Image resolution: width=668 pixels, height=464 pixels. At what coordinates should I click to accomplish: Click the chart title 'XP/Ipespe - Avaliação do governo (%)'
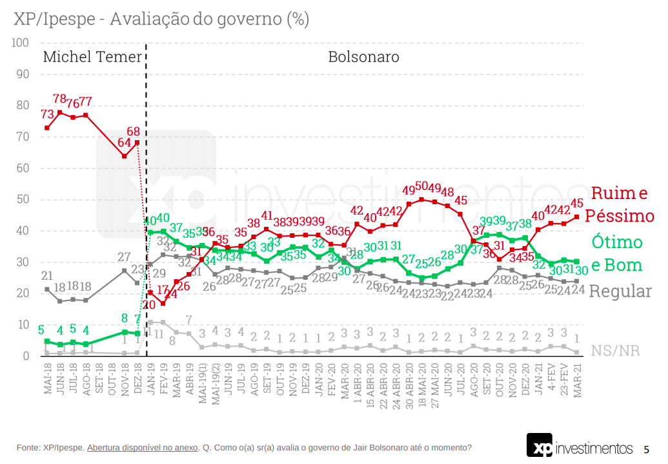161,19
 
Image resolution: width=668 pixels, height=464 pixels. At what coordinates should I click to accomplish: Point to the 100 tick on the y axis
20,43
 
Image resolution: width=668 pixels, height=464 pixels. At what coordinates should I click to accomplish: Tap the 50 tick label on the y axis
23,200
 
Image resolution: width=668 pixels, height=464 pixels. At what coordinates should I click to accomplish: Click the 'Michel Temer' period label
92,57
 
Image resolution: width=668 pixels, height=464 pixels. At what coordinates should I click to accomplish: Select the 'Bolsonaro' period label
363,57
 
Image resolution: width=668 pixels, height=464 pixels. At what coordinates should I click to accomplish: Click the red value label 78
59,100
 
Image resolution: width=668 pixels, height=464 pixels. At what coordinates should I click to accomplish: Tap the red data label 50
421,187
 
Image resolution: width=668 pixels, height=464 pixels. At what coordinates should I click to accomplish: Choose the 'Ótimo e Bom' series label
617,253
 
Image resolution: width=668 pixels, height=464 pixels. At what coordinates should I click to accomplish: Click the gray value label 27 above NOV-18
124,257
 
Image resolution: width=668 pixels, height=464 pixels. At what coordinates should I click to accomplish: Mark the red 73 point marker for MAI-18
47,128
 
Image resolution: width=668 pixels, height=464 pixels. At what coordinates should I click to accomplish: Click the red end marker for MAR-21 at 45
576,217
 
